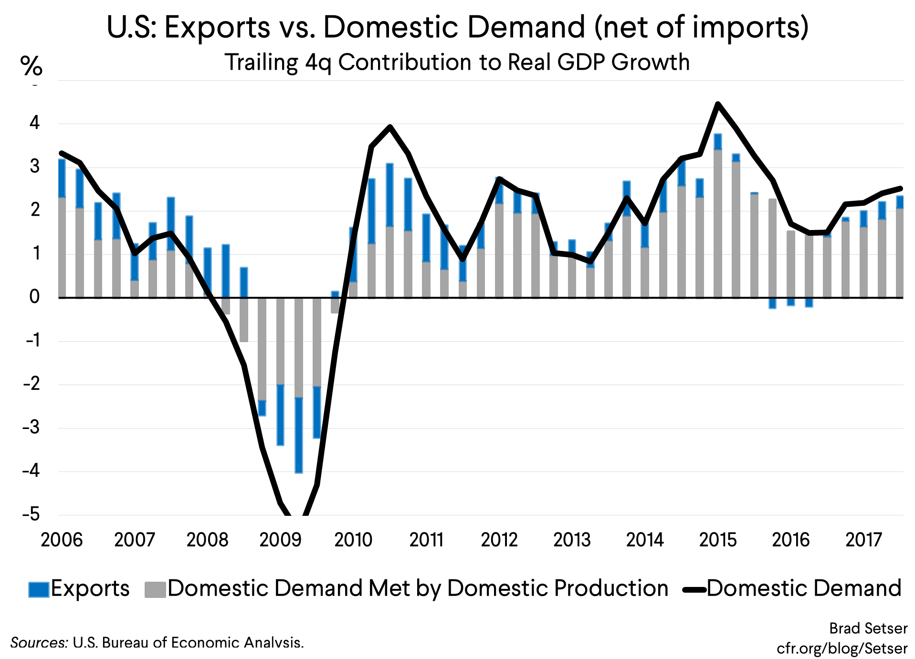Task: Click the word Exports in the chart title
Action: coord(217,27)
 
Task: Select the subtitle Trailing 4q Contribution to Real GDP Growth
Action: coord(457,63)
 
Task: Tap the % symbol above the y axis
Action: coord(31,66)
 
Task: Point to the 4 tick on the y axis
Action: coord(34,123)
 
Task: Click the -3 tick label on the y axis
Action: coord(32,427)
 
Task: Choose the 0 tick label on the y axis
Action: coord(34,297)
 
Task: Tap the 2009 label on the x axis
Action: coord(280,540)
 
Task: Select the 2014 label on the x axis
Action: coord(645,540)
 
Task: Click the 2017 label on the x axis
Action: coord(863,540)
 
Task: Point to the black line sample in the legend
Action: coord(694,590)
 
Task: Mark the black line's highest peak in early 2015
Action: coord(718,104)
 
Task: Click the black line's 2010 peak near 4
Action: coord(390,127)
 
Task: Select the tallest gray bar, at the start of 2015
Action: coord(718,224)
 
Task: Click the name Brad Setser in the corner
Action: coord(868,628)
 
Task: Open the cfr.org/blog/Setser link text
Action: coord(842,648)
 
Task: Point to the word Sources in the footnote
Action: coord(39,643)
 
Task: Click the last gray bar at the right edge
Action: coord(899,253)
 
